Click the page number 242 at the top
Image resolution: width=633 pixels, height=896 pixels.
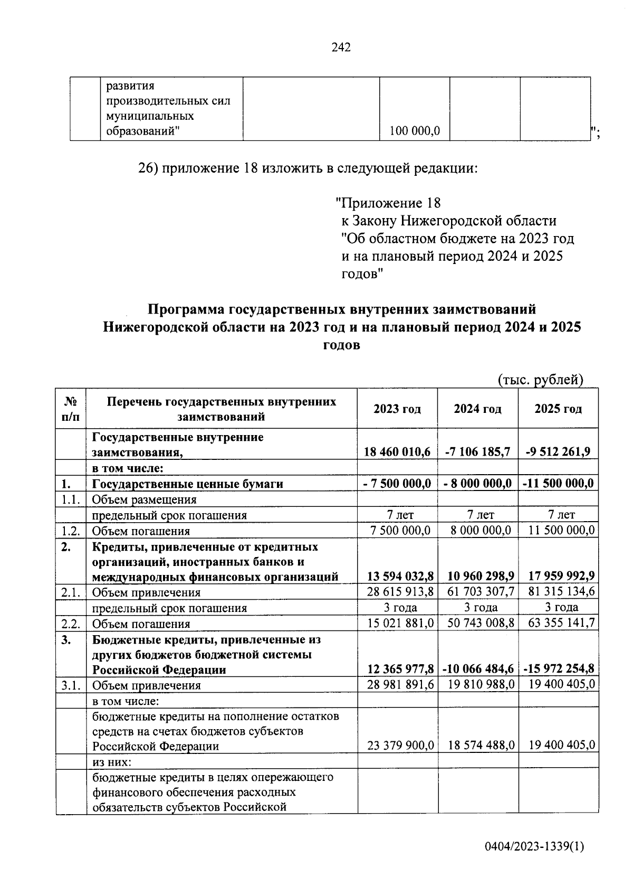pos(341,48)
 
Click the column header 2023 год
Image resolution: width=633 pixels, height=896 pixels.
pos(397,409)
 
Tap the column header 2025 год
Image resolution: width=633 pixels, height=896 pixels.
pos(558,409)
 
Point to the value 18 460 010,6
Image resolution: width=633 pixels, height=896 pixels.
pos(397,452)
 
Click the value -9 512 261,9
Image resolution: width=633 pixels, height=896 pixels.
pos(558,452)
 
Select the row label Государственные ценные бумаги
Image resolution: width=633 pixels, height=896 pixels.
pos(188,484)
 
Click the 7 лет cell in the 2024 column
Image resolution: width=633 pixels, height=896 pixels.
pos(477,515)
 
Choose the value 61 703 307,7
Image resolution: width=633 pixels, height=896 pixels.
pos(477,592)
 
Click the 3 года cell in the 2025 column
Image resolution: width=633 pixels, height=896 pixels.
pos(558,608)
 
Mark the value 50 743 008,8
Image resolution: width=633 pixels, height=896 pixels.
pos(477,624)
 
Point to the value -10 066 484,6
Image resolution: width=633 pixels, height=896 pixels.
pos(477,669)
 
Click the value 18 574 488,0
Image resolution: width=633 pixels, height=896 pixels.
pos(477,745)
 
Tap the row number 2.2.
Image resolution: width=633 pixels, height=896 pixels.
pos(70,624)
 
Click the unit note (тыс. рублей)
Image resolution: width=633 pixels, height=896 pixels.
pos(540,380)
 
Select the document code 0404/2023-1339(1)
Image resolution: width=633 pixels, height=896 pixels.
pos(534,847)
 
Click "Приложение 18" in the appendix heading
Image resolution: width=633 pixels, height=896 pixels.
pos(388,203)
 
